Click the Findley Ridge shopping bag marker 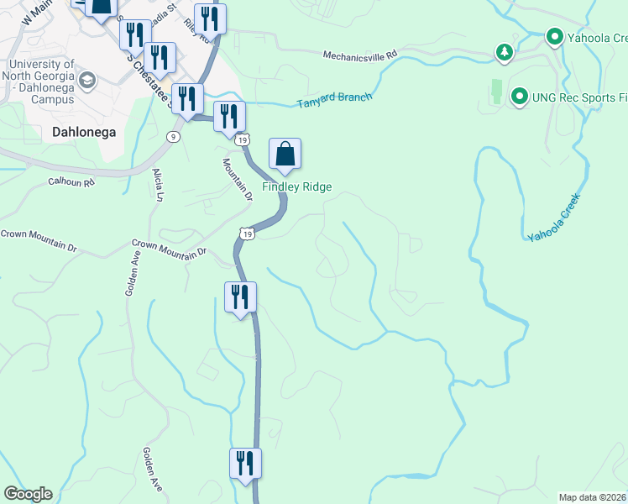point(285,155)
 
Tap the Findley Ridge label point(297,186)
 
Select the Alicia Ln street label point(157,185)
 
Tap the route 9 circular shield point(173,137)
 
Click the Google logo point(28,494)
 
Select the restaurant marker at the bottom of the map point(245,463)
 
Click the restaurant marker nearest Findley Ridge point(228,117)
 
